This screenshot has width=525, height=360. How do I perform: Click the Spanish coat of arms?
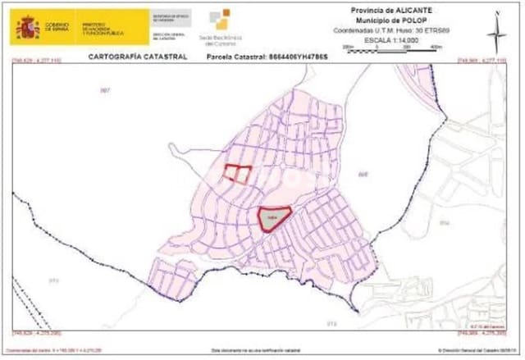pos(29,27)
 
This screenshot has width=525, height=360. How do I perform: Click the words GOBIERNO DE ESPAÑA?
pos(57,28)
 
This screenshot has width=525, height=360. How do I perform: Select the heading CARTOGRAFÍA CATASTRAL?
pos(137,57)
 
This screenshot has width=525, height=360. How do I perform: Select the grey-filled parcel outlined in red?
pos(275,217)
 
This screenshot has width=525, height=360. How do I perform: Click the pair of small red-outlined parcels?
pos(238,173)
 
